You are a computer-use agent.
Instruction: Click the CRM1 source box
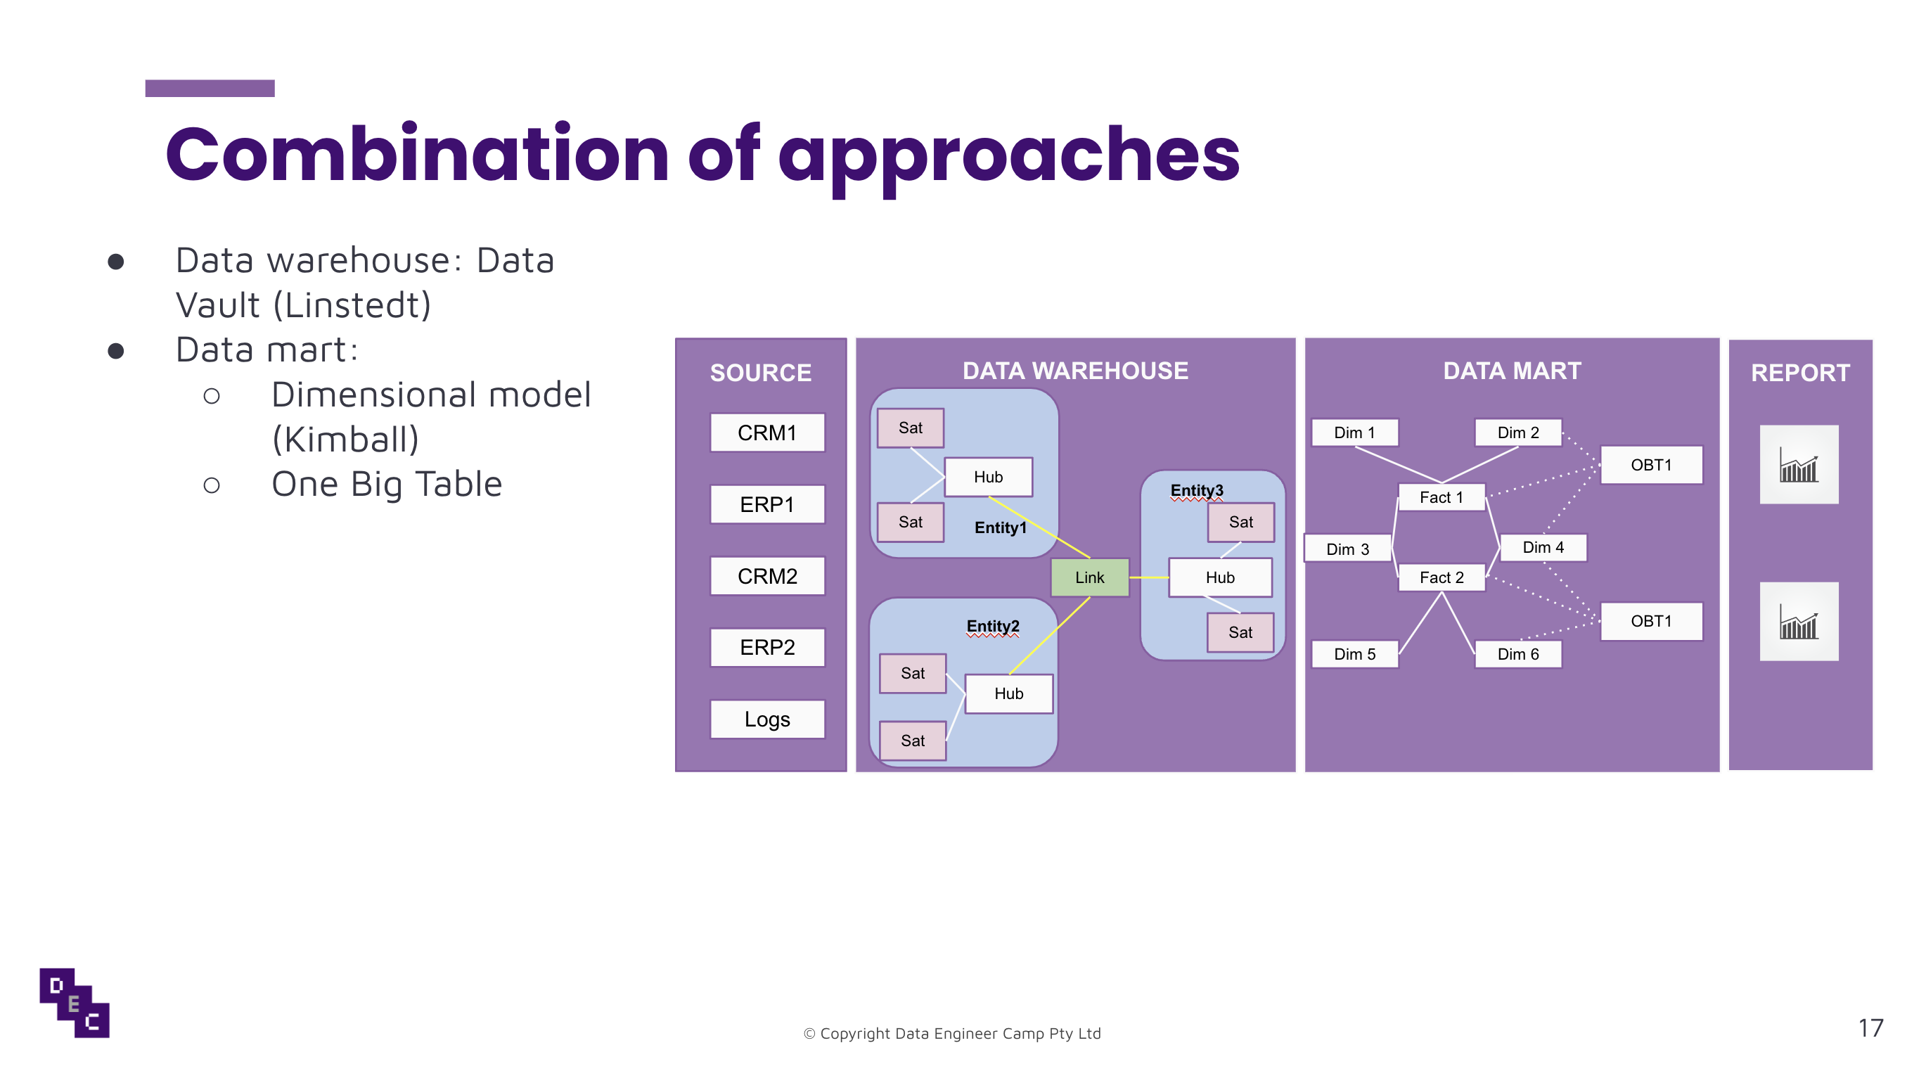coord(767,433)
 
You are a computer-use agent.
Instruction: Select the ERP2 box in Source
coord(767,647)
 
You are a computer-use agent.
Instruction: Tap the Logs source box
coord(767,719)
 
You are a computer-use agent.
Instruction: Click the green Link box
coord(1089,577)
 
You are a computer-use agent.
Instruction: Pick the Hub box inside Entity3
coord(1219,577)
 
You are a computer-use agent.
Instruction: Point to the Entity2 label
coord(992,627)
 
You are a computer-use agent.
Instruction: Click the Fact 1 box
coord(1441,497)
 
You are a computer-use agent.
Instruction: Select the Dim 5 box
coord(1354,653)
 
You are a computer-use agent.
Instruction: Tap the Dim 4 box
coord(1543,547)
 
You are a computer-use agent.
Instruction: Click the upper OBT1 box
coord(1650,465)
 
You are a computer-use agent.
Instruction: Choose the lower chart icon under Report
coord(1798,622)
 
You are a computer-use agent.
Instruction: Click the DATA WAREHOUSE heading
coord(1074,371)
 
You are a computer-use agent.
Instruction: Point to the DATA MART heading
coord(1511,371)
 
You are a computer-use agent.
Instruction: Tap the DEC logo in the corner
coord(74,1002)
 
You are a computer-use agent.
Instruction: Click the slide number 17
coord(1870,1028)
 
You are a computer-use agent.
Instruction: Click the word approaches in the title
coord(1008,155)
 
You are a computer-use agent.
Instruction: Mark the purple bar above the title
coord(210,88)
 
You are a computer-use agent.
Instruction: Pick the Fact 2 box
coord(1441,577)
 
